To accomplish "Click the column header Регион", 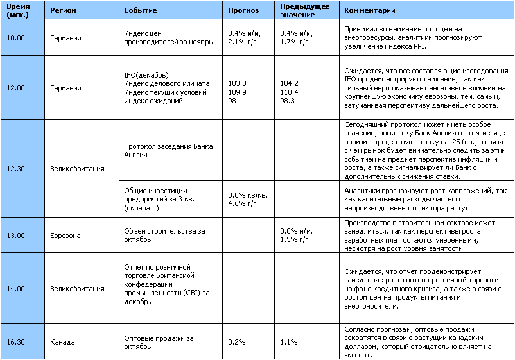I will click(63, 11).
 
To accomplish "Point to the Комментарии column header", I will click(370, 11).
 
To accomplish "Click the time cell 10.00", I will click(15, 38).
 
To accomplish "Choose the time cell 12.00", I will click(15, 88).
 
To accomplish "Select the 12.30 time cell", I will click(15, 169).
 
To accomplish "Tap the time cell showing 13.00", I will click(15, 235).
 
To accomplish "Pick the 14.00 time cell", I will click(15, 289).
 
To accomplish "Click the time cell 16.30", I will click(15, 342).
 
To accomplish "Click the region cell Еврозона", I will click(65, 235).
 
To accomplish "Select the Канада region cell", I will click(62, 342).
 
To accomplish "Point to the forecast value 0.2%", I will click(237, 342).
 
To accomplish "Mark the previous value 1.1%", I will click(289, 342).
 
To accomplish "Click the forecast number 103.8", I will click(238, 84).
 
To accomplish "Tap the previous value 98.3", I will click(288, 101).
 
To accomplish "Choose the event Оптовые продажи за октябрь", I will click(159, 342).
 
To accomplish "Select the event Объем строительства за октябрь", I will click(164, 235).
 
